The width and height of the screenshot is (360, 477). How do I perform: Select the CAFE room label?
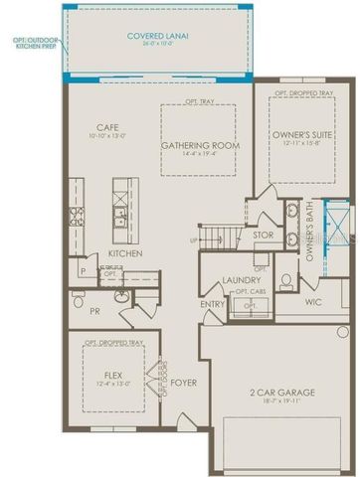pyautogui.click(x=107, y=127)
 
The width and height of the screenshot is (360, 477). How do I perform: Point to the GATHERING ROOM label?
pyautogui.click(x=199, y=145)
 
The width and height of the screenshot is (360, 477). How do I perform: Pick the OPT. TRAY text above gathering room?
pyautogui.click(x=199, y=102)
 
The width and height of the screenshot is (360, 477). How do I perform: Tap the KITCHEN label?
pyautogui.click(x=126, y=253)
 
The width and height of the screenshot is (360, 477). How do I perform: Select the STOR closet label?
pyautogui.click(x=264, y=236)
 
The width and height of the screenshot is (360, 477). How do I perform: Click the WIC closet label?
pyautogui.click(x=313, y=302)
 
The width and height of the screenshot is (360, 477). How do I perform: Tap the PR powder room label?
pyautogui.click(x=94, y=309)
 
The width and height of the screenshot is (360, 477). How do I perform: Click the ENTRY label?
pyautogui.click(x=212, y=304)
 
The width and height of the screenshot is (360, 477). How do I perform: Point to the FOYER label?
pyautogui.click(x=184, y=380)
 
